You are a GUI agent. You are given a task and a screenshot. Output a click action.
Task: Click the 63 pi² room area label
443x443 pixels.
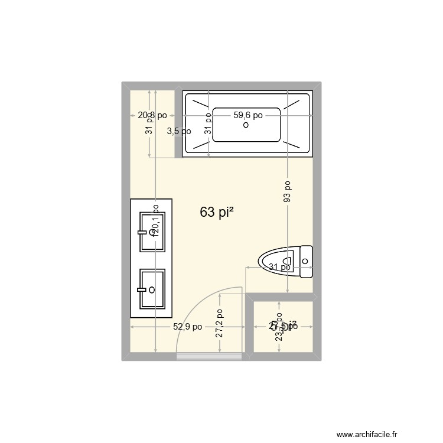coord(216,213)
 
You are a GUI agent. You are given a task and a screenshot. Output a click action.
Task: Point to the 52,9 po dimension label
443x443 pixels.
coord(188,327)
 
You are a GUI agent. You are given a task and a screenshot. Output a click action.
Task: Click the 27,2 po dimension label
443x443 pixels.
coord(219,324)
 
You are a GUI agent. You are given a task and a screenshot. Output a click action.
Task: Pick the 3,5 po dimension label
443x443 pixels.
coord(178,131)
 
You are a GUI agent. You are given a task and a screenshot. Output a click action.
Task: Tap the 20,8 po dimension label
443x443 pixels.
coord(152,116)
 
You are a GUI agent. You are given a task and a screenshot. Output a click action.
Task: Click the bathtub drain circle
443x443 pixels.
coord(246,125)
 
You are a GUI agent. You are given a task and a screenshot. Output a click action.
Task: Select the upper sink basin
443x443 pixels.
coord(152,232)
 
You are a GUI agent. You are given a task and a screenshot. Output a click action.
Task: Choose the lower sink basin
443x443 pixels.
coord(152,289)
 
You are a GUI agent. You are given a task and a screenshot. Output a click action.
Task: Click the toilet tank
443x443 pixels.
coord(306,261)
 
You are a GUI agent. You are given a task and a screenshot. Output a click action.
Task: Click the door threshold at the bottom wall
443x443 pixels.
coord(210,356)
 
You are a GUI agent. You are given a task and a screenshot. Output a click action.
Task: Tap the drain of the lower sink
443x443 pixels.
coord(152,289)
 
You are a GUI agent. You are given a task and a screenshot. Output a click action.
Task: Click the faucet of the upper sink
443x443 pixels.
coord(142,233)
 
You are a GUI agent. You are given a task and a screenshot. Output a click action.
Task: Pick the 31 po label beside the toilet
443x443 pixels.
coord(279,267)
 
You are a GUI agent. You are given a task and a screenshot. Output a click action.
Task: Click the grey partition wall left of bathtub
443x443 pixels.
coord(178,124)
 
